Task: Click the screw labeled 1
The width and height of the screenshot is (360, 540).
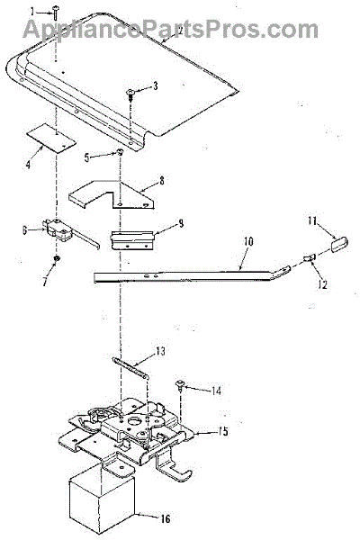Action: [56, 12]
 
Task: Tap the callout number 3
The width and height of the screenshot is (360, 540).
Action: [156, 85]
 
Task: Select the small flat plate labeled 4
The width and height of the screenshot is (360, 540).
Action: [51, 138]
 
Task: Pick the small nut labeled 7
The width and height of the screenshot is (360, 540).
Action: [56, 258]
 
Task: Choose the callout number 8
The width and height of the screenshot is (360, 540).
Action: [162, 181]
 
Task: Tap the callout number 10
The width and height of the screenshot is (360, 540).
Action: [248, 241]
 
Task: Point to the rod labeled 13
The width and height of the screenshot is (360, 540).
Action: [130, 368]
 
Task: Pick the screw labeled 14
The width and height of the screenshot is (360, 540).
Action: [180, 386]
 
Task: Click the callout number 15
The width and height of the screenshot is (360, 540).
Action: [223, 431]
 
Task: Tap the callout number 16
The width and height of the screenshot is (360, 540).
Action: [166, 518]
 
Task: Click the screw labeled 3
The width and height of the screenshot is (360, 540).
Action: [131, 94]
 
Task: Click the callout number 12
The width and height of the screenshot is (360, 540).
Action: [323, 284]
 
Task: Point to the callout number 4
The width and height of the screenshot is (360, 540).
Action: [28, 165]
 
